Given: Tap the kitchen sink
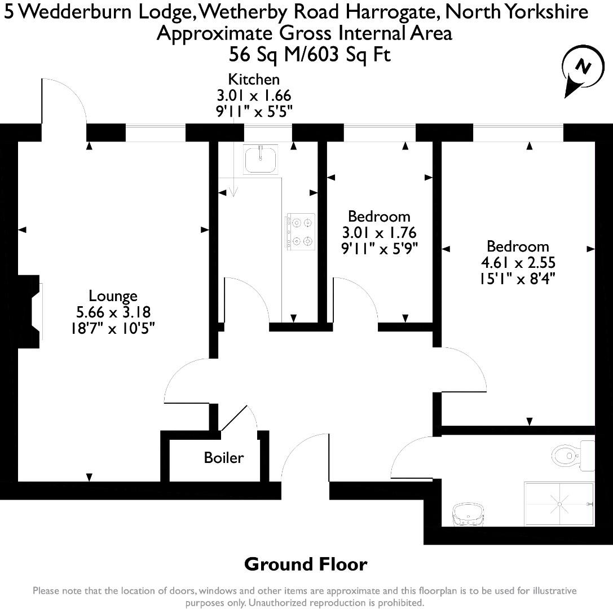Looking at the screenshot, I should coord(260,158).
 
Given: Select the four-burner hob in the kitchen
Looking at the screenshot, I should coord(300,231).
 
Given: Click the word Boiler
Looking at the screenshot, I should coord(224,457).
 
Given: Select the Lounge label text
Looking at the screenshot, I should coord(113,295).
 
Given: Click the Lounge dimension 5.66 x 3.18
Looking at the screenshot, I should coord(113,312).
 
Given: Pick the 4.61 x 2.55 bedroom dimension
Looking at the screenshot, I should coord(518,262).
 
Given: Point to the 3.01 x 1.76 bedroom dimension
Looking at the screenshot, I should coord(379,232).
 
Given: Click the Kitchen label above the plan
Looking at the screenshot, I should coord(253,80).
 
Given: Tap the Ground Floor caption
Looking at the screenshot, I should coord(306,564).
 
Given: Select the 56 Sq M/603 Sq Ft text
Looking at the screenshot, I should coord(310,55).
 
